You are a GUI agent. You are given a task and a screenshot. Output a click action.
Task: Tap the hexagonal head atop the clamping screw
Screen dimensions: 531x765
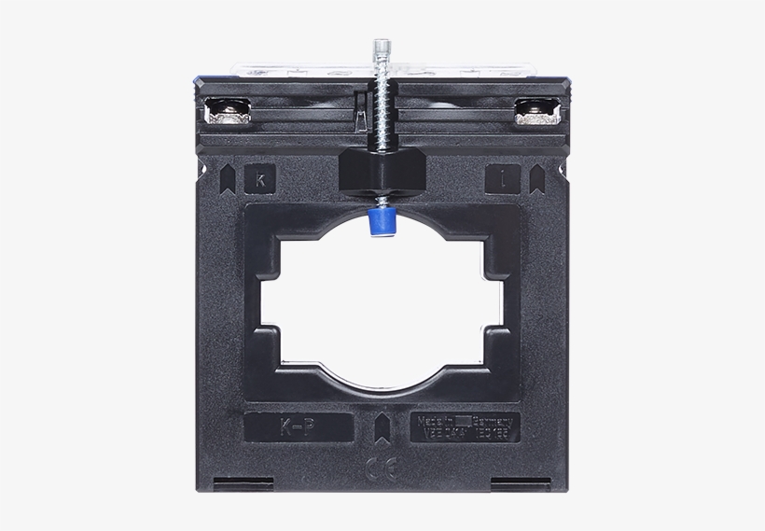382,49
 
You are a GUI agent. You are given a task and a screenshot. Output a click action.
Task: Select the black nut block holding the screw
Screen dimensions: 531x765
382,169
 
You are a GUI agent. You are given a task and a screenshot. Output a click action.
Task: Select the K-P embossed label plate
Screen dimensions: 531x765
299,426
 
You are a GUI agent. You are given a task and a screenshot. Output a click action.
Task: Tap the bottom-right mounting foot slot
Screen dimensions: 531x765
520,482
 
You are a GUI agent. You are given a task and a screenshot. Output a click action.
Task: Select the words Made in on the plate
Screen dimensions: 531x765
437,421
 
